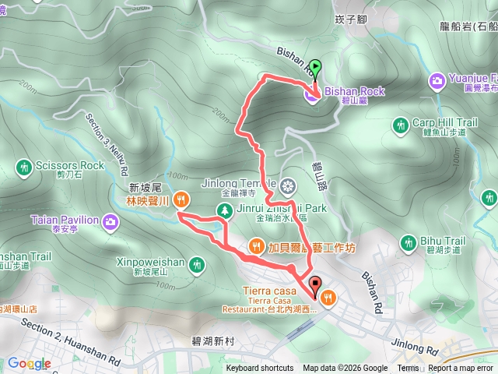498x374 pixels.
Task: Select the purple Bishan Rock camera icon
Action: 311,96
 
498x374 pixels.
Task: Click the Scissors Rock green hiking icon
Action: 23,166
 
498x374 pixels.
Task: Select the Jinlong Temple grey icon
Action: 288,186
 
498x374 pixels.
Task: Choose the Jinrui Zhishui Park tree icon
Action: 224,210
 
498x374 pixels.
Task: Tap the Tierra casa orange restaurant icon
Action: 328,296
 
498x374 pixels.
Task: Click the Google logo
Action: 29,364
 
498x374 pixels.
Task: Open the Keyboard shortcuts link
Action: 260,369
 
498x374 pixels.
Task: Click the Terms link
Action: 408,369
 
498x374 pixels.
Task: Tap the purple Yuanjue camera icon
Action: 437,79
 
